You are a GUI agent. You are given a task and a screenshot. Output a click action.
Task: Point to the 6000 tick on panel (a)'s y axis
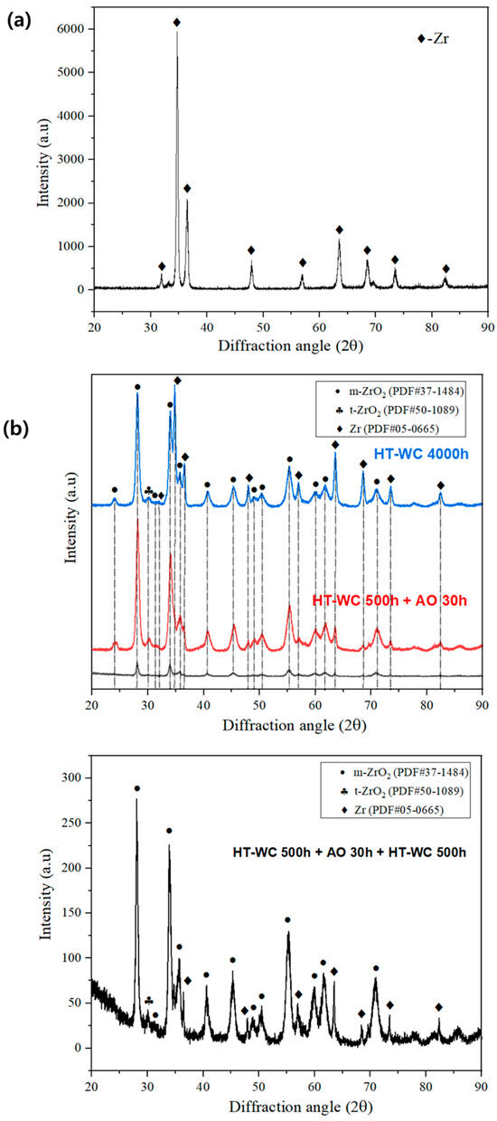[x=71, y=29]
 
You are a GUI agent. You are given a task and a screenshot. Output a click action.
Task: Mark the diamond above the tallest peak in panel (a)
[x=177, y=22]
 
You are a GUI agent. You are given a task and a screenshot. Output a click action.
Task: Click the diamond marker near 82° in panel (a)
[x=445, y=268]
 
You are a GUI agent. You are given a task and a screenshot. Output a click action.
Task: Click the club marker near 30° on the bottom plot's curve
[x=148, y=1001]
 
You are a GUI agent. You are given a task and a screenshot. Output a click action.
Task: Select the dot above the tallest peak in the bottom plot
[x=137, y=788]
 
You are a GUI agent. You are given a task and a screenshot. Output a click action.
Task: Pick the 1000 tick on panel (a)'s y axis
[x=71, y=246]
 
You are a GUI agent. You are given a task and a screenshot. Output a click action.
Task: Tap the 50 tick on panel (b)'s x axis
[x=259, y=697]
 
